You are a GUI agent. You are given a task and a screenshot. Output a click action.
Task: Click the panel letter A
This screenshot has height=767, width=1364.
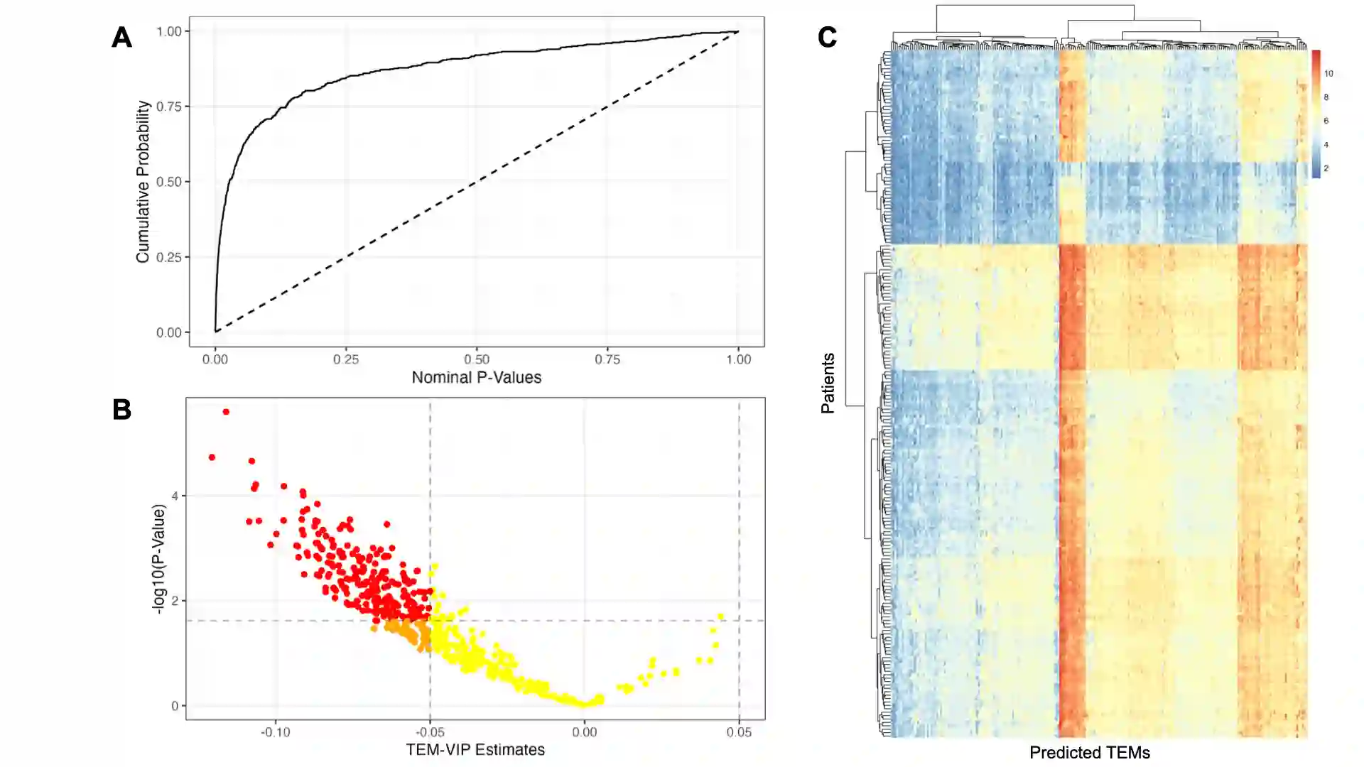point(121,38)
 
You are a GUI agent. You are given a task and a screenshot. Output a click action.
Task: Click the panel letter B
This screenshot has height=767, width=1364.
point(121,410)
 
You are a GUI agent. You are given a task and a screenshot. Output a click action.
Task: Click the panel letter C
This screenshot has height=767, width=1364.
point(827,38)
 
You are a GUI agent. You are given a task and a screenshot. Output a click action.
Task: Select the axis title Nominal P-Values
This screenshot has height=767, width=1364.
point(476,378)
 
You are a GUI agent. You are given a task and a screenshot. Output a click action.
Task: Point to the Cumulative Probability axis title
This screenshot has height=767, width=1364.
point(143,182)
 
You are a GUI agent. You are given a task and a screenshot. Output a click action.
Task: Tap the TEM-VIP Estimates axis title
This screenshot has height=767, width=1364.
point(475,750)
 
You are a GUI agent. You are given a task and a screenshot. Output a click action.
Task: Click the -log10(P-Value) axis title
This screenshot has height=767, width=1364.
point(158,559)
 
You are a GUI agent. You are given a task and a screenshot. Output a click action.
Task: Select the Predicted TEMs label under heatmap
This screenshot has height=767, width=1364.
point(1089,753)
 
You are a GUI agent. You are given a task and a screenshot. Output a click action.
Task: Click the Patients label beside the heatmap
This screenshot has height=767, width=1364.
point(828,383)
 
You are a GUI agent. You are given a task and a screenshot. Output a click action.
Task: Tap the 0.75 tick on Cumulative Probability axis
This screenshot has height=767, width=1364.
point(169,107)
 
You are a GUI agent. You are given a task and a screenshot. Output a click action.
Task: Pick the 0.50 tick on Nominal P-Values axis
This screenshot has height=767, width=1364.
point(477,359)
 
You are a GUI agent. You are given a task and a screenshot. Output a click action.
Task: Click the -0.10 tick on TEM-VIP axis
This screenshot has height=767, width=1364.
point(275,732)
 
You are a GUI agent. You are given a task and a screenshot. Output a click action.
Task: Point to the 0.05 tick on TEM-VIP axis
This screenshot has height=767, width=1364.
point(739,732)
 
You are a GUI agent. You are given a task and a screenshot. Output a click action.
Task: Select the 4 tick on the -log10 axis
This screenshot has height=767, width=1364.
point(175,496)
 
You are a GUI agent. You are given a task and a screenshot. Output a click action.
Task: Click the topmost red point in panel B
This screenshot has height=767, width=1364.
point(226,412)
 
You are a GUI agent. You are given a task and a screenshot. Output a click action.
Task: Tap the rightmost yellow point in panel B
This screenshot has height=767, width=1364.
point(721,616)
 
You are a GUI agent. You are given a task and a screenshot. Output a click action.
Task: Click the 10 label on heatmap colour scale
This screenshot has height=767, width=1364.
point(1328,74)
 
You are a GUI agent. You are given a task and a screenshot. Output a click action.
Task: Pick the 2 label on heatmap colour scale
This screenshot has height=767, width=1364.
point(1326,168)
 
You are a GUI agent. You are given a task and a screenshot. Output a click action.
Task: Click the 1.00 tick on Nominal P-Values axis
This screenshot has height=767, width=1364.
point(738,359)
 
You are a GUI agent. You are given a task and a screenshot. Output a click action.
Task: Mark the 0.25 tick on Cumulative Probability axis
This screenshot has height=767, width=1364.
point(169,257)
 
